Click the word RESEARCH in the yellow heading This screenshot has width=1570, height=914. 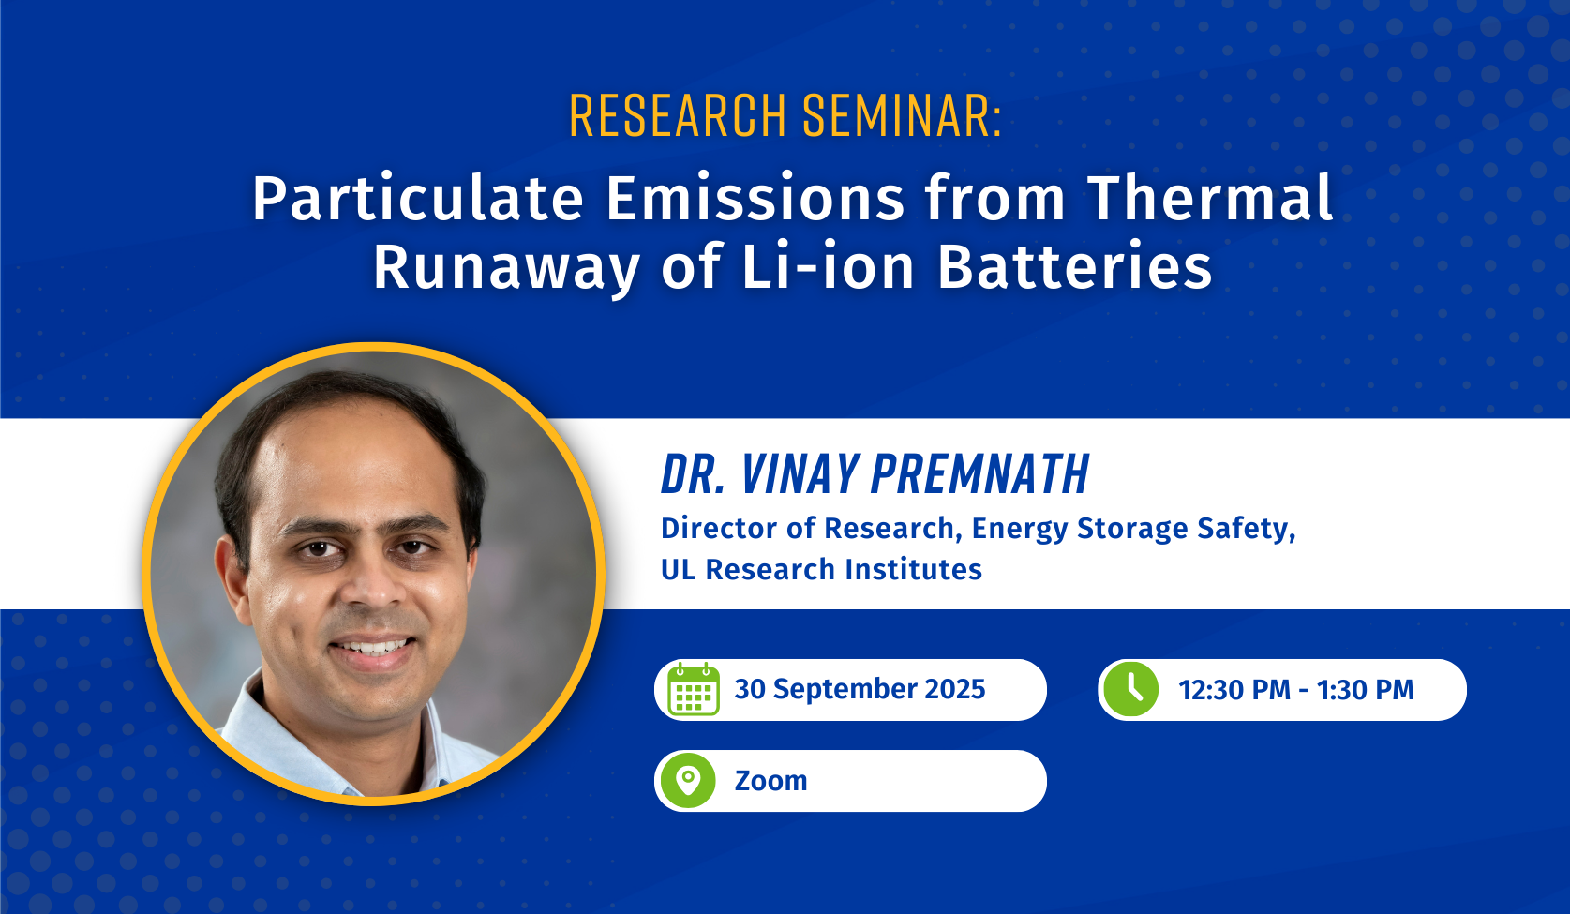[678, 115]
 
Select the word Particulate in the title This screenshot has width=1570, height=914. [418, 199]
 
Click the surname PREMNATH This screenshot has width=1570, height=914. [979, 474]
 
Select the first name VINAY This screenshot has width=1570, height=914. [800, 474]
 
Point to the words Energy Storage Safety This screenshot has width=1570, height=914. [1133, 530]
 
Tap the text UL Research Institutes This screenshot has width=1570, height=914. [821, 569]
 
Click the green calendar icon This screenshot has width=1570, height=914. [694, 689]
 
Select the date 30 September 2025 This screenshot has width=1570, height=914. [860, 689]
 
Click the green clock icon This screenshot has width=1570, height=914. [1131, 689]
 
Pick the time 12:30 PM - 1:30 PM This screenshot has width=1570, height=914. [1296, 690]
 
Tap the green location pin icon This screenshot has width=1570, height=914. [688, 781]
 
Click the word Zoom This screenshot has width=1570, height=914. [771, 781]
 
